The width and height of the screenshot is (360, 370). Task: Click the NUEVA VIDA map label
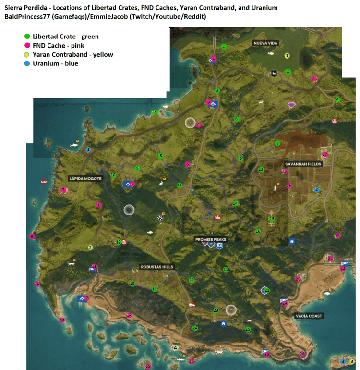point(265,43)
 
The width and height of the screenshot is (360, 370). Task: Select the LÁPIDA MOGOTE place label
point(85,178)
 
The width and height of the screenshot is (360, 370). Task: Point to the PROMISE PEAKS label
point(210,239)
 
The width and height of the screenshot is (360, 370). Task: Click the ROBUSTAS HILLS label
point(157,266)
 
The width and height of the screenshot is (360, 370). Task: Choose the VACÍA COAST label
point(309,316)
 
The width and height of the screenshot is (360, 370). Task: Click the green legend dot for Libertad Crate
point(27,36)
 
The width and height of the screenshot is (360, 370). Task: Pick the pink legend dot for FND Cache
point(27,45)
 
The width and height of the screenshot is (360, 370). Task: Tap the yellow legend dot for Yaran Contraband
point(27,54)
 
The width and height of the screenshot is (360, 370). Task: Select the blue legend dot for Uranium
point(27,63)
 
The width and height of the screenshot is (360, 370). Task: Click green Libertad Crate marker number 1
point(224,46)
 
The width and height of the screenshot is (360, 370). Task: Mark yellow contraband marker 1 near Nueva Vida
point(287,56)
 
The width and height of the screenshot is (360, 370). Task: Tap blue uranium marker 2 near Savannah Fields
point(317,190)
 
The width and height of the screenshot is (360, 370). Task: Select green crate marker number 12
point(240,159)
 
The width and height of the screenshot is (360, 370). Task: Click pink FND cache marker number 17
point(325,154)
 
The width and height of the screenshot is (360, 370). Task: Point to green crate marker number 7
point(277,143)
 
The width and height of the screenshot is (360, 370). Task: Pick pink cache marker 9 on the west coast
point(32,236)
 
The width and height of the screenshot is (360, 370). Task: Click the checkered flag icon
point(160,219)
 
